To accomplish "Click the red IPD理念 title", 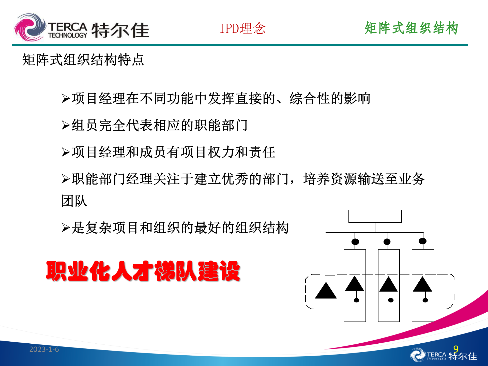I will [242, 28].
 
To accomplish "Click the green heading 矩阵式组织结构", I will [411, 28].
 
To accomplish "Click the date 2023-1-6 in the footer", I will [44, 349].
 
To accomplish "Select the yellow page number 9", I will [456, 349].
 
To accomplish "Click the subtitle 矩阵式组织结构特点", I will [83, 60].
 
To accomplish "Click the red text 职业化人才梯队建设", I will [143, 271].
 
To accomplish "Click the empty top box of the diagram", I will [375, 216].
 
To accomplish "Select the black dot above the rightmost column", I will [422, 241].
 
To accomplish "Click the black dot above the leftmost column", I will [355, 241].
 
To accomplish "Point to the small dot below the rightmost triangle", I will [425, 300].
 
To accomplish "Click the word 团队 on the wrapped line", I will [74, 201].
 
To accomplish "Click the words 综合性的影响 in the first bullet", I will [330, 99].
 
